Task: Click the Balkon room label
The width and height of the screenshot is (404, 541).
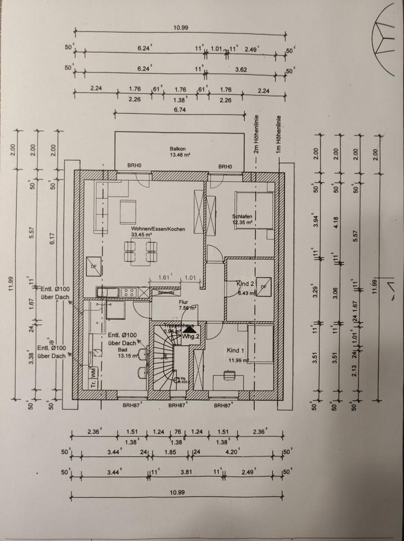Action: point(178,149)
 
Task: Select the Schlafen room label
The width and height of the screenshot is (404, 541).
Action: point(243,216)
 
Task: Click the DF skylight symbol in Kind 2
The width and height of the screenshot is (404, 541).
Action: point(263,286)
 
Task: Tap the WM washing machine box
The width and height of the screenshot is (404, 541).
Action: point(93,373)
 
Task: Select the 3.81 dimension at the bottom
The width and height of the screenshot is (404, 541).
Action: point(185,472)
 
